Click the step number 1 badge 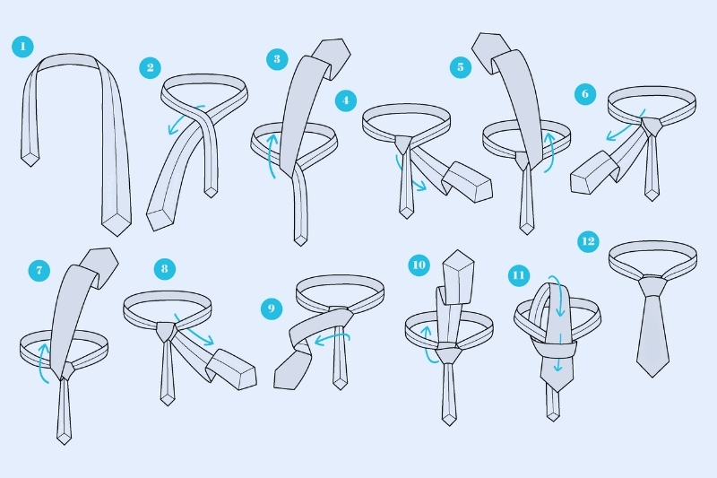coord(23,47)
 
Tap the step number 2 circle coord(151,68)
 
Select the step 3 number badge coord(277,59)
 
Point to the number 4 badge coord(346,100)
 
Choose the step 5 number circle coord(461,67)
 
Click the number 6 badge coord(585,94)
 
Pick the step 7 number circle coord(39,270)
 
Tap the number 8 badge coord(165,269)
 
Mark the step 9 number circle coord(272,309)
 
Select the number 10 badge coord(419,265)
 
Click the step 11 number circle coord(519,275)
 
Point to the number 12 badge coord(589,241)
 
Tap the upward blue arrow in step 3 coord(271,154)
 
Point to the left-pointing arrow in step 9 coord(332,337)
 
